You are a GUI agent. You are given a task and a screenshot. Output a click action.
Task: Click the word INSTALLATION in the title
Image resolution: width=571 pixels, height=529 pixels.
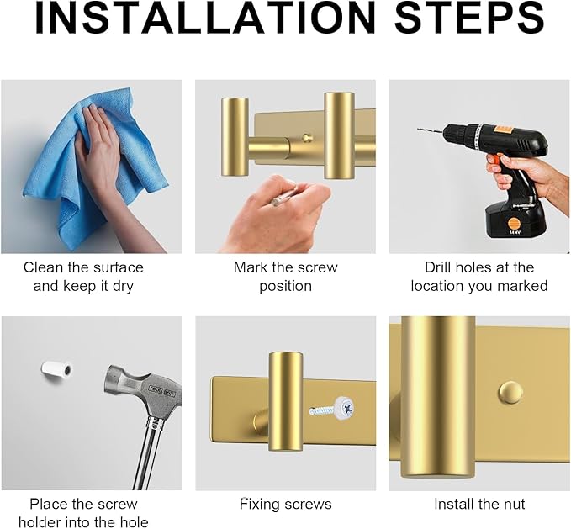pos(205,19)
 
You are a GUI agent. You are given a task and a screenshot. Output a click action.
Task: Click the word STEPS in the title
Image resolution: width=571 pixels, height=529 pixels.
pos(470,19)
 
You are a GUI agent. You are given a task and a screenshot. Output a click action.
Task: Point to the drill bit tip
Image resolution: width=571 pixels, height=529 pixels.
pos(419,129)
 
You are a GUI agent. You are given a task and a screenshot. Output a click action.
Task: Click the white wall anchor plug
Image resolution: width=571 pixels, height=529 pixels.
pos(57,369)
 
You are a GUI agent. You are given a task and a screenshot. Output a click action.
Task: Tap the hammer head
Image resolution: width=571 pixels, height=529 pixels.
pos(142,391)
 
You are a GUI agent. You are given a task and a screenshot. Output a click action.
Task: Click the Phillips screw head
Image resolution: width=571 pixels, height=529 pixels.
pos(345,407)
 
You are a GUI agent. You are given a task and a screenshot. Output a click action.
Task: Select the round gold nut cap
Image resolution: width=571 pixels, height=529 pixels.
pos(510,392)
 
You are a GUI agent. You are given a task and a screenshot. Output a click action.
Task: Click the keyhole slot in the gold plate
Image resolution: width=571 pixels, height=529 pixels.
pos(307,138)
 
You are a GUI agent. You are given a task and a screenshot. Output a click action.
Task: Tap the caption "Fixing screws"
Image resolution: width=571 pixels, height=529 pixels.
pos(286,505)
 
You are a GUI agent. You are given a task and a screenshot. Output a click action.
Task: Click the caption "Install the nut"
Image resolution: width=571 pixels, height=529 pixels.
pos(479,505)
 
